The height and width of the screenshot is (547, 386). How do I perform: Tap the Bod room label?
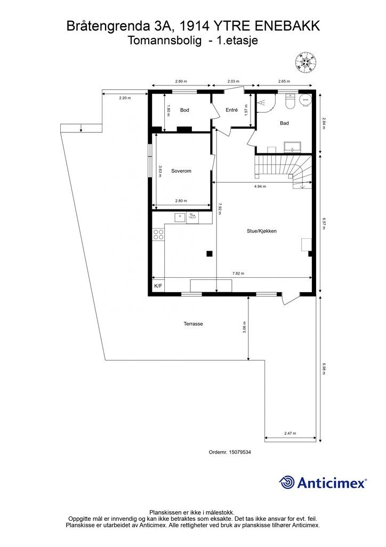coord(184,110)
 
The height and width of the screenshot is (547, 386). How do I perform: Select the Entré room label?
coord(231,110)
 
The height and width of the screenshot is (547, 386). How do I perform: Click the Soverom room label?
coord(181,171)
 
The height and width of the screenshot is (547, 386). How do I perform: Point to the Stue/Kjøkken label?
coord(261,231)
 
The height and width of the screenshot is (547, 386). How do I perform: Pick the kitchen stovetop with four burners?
coord(158,235)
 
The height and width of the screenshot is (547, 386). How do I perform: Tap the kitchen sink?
coord(180,216)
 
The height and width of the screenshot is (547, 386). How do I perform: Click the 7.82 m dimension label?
coord(238,273)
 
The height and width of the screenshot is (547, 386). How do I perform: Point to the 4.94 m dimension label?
coord(260,186)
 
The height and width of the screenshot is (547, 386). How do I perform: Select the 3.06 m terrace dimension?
coord(245,327)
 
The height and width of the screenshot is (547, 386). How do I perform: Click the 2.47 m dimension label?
coord(290,433)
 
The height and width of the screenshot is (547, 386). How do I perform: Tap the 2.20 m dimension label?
coord(124,98)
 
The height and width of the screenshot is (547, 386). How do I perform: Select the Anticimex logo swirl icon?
coord(287,482)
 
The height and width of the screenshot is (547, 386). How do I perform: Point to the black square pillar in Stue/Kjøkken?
coord(210,253)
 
